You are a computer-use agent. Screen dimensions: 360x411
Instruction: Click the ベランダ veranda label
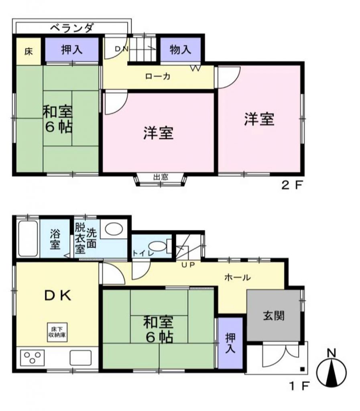(71, 28)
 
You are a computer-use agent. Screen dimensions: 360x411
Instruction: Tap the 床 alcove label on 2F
(29, 52)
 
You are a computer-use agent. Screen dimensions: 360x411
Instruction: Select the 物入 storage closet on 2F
(180, 49)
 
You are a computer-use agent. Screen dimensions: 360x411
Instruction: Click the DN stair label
(122, 49)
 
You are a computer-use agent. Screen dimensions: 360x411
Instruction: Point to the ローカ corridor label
(158, 76)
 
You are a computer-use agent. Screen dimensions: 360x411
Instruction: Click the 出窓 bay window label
(161, 177)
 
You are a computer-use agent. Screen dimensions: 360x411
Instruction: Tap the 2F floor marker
(292, 185)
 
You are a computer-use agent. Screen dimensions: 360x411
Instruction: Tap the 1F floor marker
(299, 386)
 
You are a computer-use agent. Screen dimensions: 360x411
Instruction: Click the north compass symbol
(332, 370)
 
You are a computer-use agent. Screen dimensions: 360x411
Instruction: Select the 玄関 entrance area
(274, 315)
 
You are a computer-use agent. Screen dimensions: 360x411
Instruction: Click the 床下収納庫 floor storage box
(57, 332)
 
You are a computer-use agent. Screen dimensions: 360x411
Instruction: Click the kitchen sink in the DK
(80, 358)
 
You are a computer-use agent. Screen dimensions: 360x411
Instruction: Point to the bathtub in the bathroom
(28, 239)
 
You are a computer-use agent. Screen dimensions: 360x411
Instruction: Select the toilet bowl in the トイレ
(157, 247)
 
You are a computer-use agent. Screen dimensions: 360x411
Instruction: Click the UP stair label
(188, 265)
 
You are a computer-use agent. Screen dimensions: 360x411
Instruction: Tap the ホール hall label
(238, 277)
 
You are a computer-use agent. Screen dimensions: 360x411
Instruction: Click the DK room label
(58, 296)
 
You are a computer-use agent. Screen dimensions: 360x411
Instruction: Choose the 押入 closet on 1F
(230, 343)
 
